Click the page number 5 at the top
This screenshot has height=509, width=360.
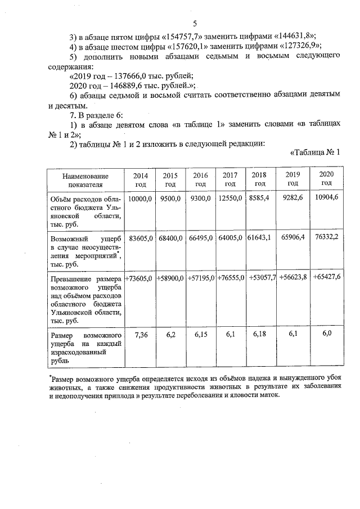click(195, 24)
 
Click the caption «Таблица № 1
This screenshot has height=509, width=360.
click(316, 152)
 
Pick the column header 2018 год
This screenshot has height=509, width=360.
click(260, 179)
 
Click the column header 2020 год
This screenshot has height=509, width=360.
click(326, 178)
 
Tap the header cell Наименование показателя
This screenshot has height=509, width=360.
click(85, 179)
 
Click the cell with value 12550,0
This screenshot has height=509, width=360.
click(230, 199)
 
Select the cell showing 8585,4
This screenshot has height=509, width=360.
click(260, 199)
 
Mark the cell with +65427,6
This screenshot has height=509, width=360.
click(326, 277)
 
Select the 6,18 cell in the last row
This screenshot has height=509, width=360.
click(260, 335)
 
